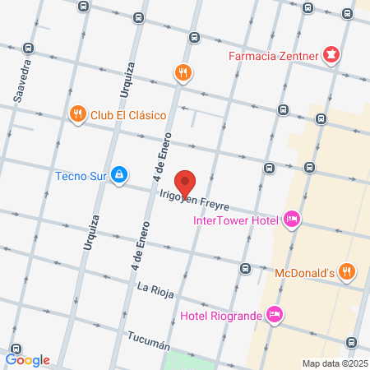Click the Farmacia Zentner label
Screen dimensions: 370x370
click(274, 57)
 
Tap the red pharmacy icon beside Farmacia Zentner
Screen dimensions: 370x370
click(331, 56)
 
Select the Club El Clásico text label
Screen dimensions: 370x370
click(129, 114)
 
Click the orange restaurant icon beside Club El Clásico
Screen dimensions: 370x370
click(77, 113)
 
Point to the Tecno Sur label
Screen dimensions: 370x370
click(81, 175)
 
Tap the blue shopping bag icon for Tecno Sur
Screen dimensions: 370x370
click(120, 174)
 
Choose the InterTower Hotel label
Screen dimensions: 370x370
click(235, 220)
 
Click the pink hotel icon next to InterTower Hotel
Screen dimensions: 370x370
click(290, 219)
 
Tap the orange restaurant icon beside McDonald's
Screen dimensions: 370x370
click(347, 271)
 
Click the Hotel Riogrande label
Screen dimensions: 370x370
click(220, 315)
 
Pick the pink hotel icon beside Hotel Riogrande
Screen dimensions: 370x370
click(275, 313)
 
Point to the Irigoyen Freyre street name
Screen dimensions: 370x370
click(194, 200)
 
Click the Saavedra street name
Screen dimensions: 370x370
click(22, 81)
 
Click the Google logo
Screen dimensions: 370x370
click(28, 359)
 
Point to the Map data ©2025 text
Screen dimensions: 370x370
click(335, 363)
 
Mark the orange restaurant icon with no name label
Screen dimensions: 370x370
click(183, 73)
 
